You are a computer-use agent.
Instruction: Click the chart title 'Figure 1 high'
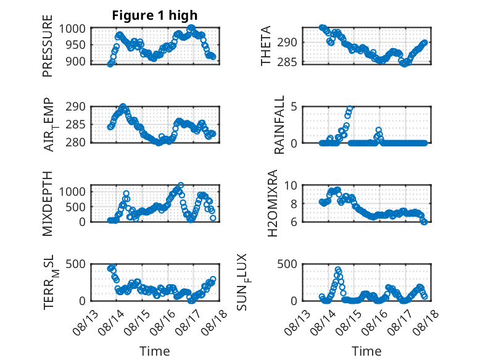pos(155,15)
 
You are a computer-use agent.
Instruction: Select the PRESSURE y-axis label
pos(48,46)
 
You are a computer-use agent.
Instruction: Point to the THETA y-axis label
pos(266,46)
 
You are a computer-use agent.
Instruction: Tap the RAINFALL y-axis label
pos(279,125)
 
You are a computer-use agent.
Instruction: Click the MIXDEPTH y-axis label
pos(48,204)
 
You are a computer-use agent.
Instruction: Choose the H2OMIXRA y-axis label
pos(273,203)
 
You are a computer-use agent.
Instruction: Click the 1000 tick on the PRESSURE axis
pos(72,29)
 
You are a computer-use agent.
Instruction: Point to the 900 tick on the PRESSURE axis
pos(75,61)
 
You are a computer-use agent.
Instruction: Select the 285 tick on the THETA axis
pos(287,62)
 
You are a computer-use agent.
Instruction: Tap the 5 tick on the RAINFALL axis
pos(294,107)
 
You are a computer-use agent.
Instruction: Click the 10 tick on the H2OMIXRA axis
pos(291,185)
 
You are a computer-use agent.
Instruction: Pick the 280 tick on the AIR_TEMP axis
pos(75,143)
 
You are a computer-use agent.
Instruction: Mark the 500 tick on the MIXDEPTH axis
pos(75,207)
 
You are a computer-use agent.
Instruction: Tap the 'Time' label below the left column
pos(155,351)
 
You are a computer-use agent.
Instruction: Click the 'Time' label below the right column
pos(366,351)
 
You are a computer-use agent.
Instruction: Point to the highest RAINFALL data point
pos(350,109)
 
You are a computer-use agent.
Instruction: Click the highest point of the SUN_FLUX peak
pos(337,270)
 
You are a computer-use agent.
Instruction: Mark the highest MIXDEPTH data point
pos(181,185)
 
